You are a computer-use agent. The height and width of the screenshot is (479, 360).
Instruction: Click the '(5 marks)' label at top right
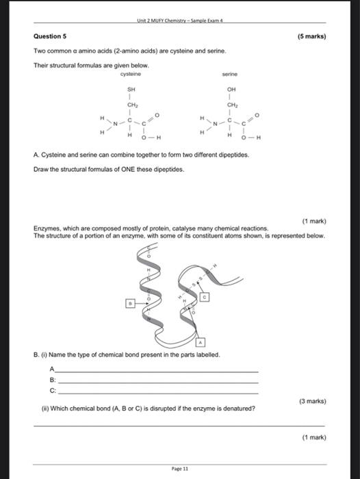pos(312,36)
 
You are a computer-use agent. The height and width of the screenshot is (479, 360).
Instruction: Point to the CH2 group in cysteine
pos(132,105)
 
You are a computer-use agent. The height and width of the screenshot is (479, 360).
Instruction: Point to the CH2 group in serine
pos(231,105)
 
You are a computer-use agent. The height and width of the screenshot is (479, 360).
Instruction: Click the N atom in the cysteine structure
pos(115,122)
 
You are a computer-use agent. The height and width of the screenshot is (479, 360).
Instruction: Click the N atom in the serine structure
pos(214,122)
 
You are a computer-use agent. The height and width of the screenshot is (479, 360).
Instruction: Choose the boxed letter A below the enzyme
pos(200,340)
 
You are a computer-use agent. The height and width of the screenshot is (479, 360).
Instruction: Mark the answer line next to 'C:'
pos(157,393)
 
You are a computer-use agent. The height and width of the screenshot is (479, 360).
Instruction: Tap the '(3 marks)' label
pos(312,401)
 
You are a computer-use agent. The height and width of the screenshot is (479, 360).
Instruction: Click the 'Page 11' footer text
pos(180,468)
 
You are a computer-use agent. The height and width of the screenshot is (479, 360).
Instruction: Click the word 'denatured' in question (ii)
pos(237,409)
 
